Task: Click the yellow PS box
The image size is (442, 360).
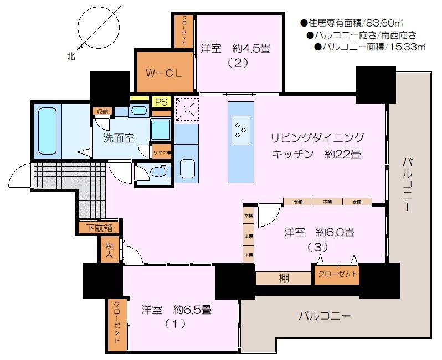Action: pyautogui.click(x=161, y=102)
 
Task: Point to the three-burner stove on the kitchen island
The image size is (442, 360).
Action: pyautogui.click(x=241, y=128)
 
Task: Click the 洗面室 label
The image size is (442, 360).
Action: pyautogui.click(x=119, y=138)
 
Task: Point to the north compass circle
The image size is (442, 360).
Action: pyautogui.click(x=99, y=28)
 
